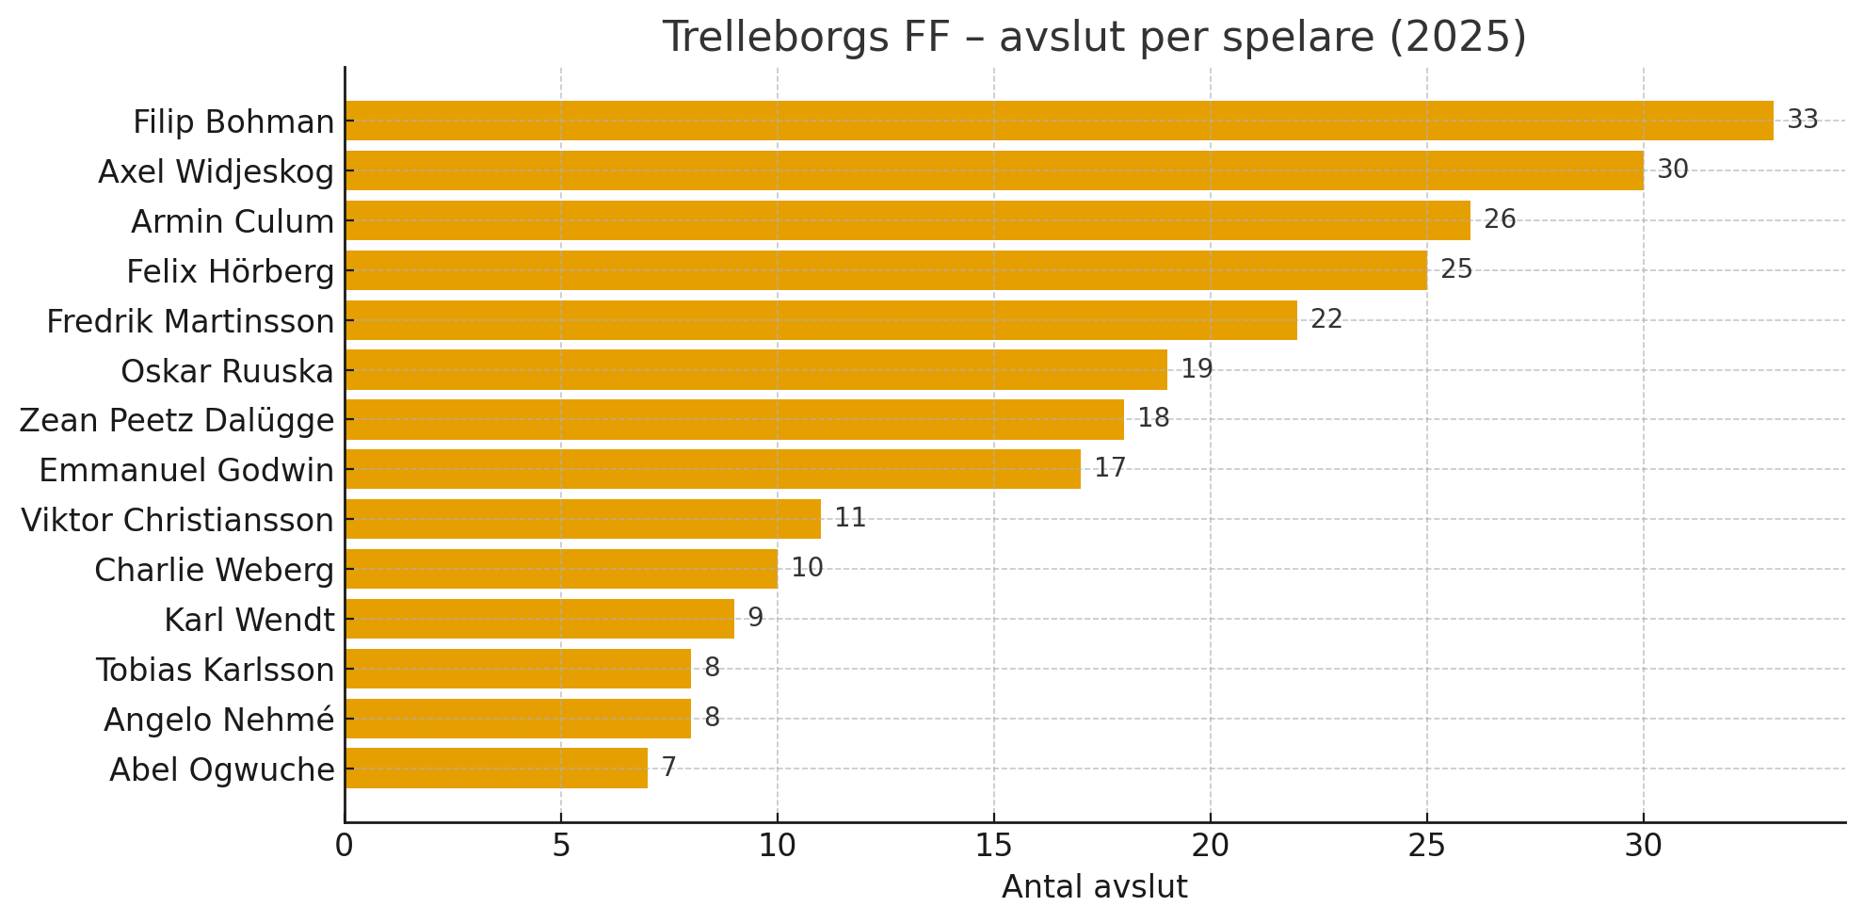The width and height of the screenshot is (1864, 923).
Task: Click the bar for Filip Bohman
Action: click(1059, 121)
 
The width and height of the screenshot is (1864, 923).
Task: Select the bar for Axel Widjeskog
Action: click(994, 170)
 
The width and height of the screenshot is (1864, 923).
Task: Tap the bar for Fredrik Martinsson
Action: click(821, 320)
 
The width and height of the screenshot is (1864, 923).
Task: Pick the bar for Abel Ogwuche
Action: click(496, 769)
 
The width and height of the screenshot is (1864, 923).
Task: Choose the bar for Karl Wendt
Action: click(539, 619)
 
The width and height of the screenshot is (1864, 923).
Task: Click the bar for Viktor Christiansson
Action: click(583, 519)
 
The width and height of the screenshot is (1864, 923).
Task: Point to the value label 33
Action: click(1802, 120)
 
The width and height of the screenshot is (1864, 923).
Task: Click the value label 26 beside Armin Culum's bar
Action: click(1500, 219)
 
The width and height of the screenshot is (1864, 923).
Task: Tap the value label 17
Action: click(1110, 468)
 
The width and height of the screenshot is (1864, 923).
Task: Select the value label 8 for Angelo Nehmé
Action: click(712, 718)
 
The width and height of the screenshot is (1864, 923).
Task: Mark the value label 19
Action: click(1197, 369)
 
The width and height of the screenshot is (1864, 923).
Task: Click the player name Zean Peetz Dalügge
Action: click(177, 420)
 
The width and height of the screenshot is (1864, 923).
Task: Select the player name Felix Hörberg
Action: click(231, 271)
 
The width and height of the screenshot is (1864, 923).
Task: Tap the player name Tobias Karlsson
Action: click(216, 670)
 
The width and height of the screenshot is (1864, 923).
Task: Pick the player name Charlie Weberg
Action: click(215, 570)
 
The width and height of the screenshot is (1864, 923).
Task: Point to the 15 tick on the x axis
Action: click(994, 846)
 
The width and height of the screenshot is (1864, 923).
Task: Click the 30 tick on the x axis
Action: click(1644, 846)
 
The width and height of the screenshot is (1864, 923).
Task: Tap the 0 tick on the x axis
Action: click(345, 846)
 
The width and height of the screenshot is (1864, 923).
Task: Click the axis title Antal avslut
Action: click(1094, 887)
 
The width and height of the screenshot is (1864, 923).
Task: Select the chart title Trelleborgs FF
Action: click(1094, 38)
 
